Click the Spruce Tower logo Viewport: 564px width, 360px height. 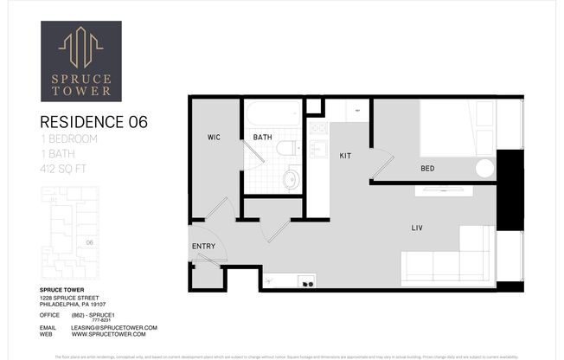click(81, 61)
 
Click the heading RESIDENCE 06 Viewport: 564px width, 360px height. click(94, 123)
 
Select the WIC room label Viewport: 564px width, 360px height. click(214, 138)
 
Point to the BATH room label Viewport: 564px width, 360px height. click(262, 138)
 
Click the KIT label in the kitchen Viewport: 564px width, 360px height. click(344, 155)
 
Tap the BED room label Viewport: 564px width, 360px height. click(427, 168)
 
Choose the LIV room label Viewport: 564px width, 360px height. click(417, 228)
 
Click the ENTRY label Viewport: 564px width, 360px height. click(202, 247)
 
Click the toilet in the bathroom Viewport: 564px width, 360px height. click(285, 147)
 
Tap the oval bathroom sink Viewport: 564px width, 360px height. click(292, 180)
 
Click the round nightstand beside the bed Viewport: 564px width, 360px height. click(484, 167)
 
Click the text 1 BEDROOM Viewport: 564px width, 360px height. click(69, 138)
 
